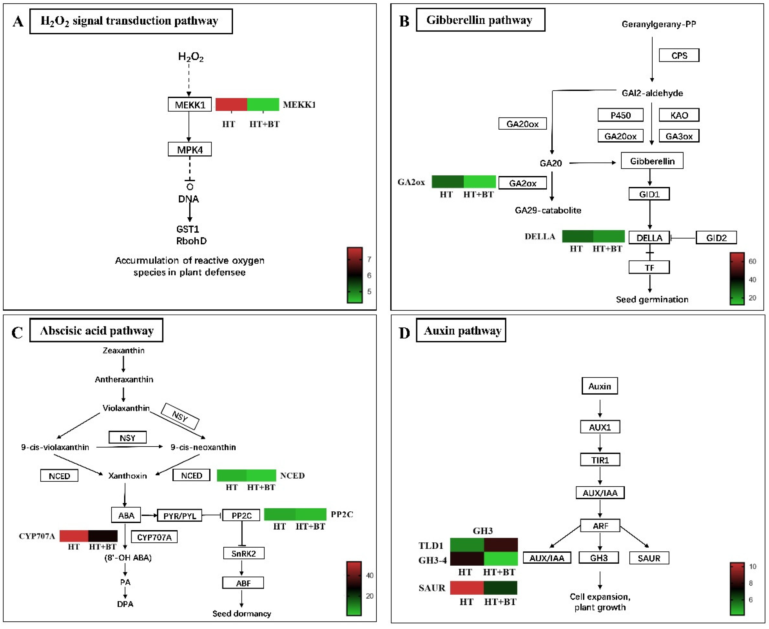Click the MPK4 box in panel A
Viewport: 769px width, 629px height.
(x=189, y=149)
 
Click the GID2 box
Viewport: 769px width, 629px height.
(x=716, y=238)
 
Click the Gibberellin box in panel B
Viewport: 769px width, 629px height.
(x=652, y=161)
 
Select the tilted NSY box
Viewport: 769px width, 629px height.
(x=180, y=416)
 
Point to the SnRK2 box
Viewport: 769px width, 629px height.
(x=243, y=553)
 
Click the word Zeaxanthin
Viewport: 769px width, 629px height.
(x=123, y=350)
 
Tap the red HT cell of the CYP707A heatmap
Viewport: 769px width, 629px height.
(x=74, y=536)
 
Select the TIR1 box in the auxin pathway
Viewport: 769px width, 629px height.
(x=600, y=460)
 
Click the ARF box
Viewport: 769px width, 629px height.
(x=600, y=526)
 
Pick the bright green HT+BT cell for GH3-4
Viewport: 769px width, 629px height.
(x=500, y=558)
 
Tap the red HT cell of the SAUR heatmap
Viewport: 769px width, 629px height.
(x=466, y=588)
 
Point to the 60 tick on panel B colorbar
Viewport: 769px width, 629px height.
(x=752, y=261)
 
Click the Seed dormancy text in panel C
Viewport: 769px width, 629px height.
(x=241, y=613)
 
